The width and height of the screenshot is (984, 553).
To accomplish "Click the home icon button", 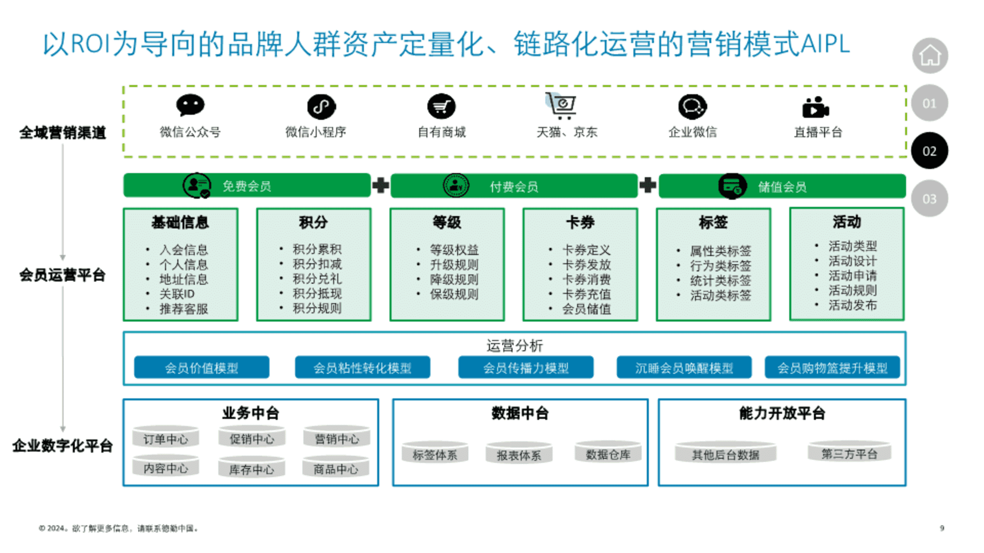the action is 930,55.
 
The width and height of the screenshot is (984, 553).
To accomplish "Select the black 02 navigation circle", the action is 929,151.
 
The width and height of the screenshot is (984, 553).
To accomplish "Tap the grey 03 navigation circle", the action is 929,199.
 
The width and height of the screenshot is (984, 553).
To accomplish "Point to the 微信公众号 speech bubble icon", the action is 190,105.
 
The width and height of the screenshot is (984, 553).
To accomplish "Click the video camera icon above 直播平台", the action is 815,107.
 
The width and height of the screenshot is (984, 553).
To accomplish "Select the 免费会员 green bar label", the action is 247,186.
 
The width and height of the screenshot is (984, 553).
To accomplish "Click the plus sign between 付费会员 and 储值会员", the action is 648,185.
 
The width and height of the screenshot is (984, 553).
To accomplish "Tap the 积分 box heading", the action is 313,222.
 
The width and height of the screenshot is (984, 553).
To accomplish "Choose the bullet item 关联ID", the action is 177,294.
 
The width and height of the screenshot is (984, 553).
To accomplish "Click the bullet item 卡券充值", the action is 586,294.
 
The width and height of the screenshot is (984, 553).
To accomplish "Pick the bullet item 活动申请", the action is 852,275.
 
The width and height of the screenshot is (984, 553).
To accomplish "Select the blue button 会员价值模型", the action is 201,368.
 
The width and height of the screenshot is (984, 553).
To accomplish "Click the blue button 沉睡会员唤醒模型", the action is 684,368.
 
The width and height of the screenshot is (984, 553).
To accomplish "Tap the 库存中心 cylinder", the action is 251,467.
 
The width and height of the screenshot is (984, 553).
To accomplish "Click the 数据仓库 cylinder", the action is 608,453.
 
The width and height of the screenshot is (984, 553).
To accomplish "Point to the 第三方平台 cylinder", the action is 849,453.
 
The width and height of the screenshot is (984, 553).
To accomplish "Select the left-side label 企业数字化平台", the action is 63,445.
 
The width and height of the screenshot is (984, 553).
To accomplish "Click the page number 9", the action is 942,528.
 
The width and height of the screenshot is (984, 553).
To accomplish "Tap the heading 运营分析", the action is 515,346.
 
